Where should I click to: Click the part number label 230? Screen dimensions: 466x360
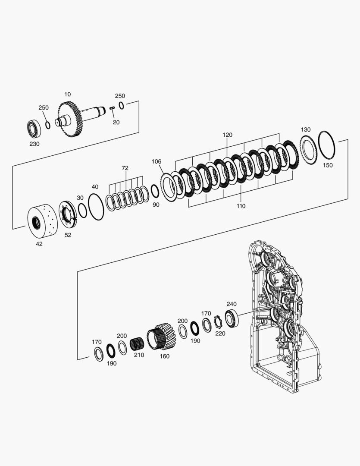(34, 144)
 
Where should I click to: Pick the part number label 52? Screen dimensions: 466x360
(68, 235)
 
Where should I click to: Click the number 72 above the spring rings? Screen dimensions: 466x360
(125, 168)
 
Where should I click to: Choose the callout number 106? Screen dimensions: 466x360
(157, 161)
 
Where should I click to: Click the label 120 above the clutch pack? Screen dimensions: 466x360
(228, 135)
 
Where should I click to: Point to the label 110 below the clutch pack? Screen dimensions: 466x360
(241, 206)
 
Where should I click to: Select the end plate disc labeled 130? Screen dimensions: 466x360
(308, 150)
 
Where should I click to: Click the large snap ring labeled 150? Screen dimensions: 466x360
(327, 144)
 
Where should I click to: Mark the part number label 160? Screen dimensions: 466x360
(165, 356)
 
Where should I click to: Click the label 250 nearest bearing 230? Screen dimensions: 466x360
(44, 107)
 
